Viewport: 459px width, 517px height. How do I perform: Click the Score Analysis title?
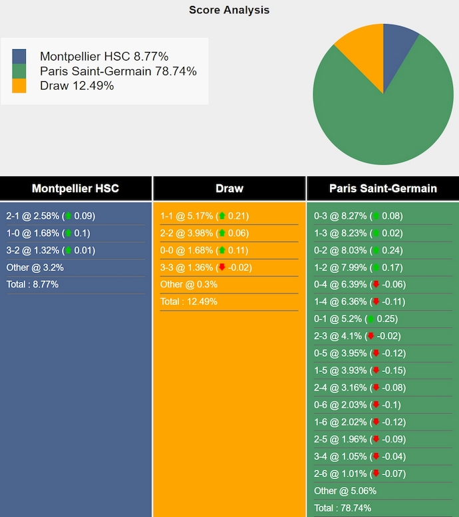click(x=229, y=10)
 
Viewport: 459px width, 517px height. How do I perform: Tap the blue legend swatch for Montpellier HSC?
click(x=19, y=57)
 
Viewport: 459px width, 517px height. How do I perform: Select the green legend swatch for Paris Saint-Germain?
click(x=19, y=71)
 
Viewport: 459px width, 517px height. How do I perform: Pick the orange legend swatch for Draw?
click(x=19, y=86)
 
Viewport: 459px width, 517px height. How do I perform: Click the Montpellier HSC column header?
click(x=75, y=188)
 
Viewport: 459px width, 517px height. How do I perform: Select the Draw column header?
click(x=229, y=188)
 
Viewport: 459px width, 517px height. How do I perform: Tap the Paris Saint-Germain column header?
click(x=382, y=188)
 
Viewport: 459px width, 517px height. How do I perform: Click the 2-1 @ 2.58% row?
click(x=51, y=216)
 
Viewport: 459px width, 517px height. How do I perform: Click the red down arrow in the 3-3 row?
click(x=222, y=267)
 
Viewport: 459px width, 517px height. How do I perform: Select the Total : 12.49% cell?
click(x=189, y=301)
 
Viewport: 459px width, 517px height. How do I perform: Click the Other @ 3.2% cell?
click(x=35, y=267)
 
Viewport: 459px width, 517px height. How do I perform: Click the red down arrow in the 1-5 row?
click(x=377, y=371)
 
